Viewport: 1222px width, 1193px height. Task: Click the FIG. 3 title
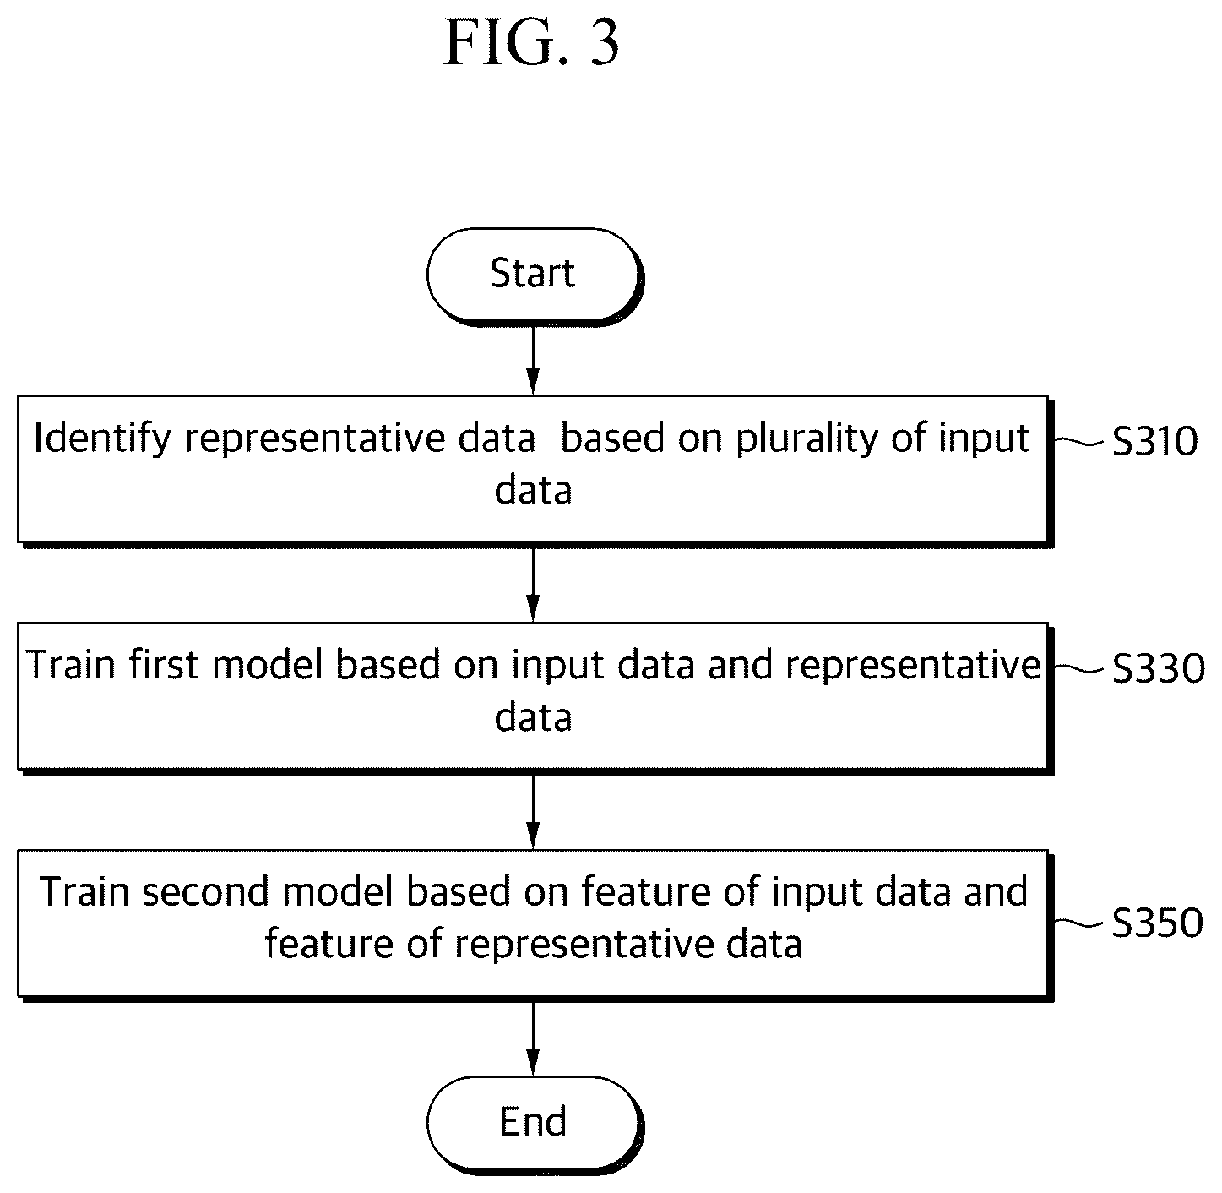tap(531, 43)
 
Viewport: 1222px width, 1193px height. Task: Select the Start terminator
tap(534, 276)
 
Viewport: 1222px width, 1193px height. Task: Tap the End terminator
tap(534, 1124)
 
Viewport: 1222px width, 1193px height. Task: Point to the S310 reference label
tap(1154, 441)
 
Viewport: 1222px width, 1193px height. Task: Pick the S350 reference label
tap(1157, 923)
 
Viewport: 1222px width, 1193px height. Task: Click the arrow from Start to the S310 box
tap(533, 360)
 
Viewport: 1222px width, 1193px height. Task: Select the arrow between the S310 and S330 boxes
tap(533, 585)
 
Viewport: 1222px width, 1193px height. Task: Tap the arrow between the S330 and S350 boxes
tap(533, 812)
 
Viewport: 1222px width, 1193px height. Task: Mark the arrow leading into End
tap(533, 1039)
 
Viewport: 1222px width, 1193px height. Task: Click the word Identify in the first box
tap(102, 439)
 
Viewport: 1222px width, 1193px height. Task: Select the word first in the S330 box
tap(163, 665)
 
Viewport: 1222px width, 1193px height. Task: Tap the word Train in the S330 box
tap(71, 665)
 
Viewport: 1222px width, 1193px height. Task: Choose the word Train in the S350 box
tap(84, 892)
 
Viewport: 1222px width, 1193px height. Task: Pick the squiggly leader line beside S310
tap(1078, 442)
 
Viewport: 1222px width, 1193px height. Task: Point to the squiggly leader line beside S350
tap(1078, 923)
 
